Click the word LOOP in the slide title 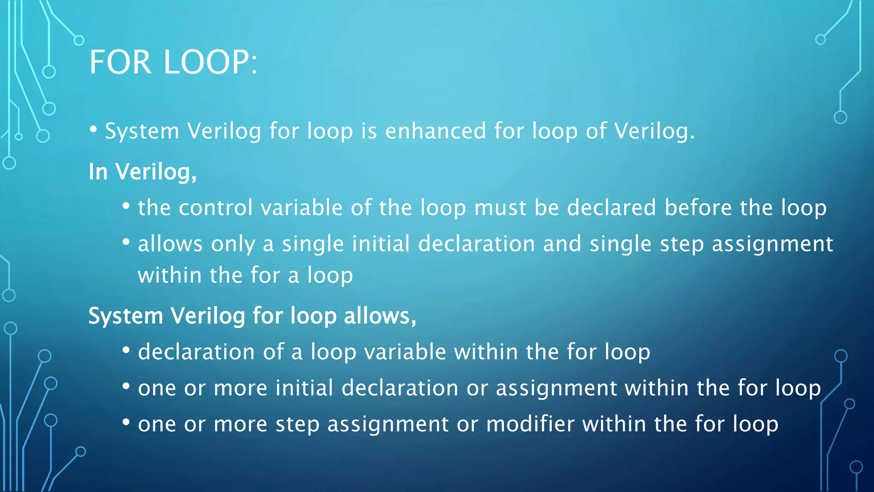207,62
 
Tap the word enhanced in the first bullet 435,131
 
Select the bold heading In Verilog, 143,172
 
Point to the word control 216,208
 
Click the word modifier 530,424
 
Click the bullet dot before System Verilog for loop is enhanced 93,129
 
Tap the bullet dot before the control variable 126,206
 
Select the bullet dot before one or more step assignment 126,422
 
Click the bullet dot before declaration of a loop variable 126,351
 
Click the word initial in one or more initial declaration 304,388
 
